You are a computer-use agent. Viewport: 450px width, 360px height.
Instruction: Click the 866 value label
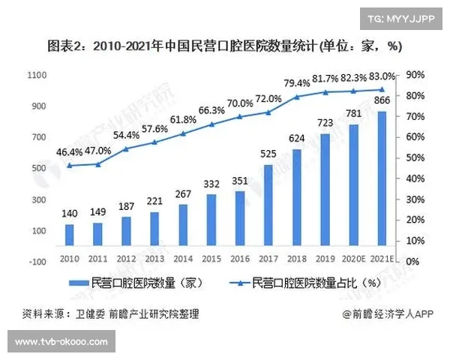click(x=383, y=101)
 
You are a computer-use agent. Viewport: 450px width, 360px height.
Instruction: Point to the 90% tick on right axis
click(x=416, y=75)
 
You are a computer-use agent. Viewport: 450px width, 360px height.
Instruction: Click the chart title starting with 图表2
click(x=225, y=45)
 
